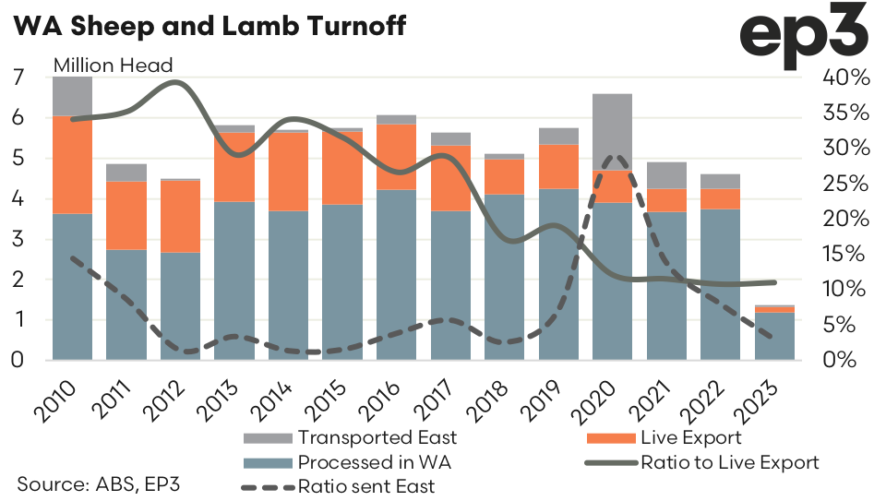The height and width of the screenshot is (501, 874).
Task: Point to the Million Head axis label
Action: [x=114, y=66]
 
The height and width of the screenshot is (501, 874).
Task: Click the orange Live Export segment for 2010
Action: [x=72, y=164]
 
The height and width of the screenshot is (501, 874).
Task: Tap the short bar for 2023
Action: [x=773, y=334]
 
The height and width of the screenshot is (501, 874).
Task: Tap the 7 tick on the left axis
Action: [x=18, y=78]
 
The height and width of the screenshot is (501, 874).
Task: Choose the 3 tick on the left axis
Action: [x=18, y=239]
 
